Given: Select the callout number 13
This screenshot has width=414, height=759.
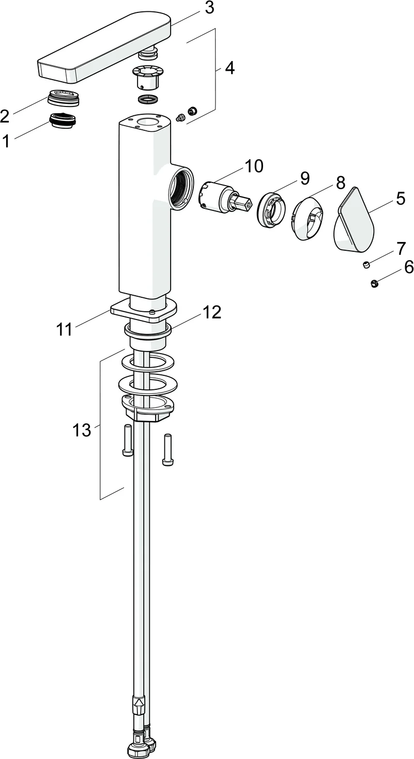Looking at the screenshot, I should [x=81, y=430].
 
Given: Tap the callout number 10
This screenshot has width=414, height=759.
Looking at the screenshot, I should [x=253, y=166].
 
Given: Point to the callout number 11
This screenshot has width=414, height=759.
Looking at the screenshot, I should [x=65, y=329].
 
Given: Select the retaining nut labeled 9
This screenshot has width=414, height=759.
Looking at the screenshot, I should [x=271, y=209].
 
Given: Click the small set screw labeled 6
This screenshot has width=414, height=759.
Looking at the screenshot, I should [x=375, y=283].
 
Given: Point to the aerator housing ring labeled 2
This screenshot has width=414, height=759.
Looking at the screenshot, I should [x=63, y=98].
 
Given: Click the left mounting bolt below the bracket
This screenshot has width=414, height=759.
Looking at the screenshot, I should [x=127, y=440].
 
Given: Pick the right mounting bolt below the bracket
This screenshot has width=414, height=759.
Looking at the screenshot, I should [x=168, y=449].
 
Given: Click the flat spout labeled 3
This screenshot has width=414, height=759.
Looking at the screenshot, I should [x=103, y=49].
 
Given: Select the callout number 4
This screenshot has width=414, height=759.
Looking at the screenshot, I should [x=228, y=68].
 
